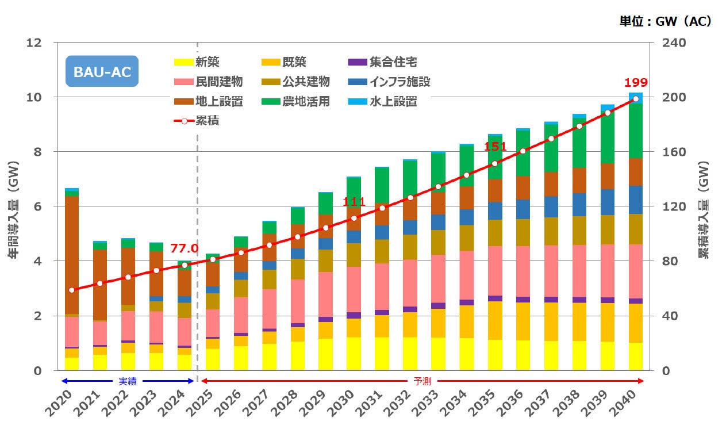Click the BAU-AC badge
[x=102, y=71]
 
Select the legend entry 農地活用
[x=296, y=102]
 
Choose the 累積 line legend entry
[x=197, y=121]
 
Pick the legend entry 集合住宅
[x=383, y=62]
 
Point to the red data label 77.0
[x=184, y=248]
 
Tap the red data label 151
[x=495, y=147]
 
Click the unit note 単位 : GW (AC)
[x=665, y=21]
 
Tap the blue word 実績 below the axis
[x=128, y=381]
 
